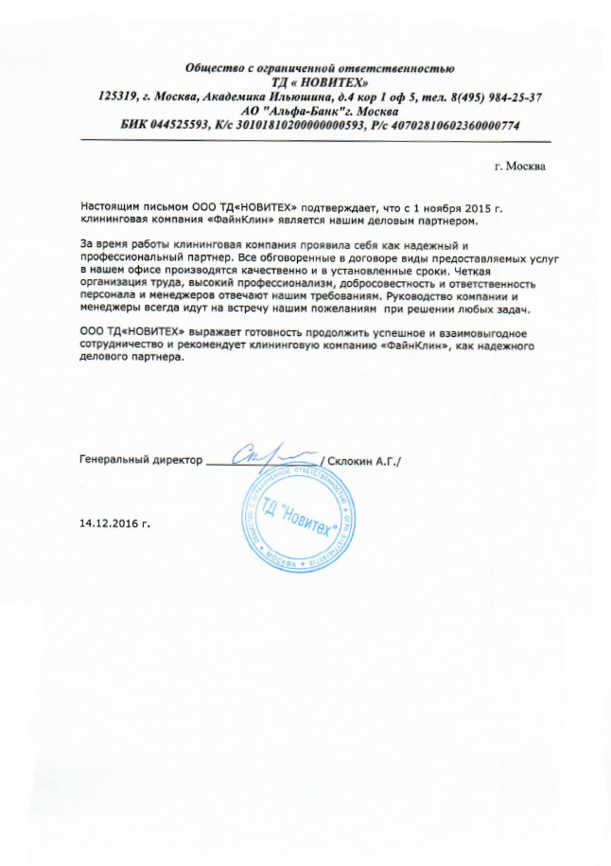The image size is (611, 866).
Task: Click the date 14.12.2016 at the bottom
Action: (115, 521)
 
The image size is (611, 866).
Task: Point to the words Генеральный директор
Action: (141, 460)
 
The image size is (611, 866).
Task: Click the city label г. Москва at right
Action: (520, 167)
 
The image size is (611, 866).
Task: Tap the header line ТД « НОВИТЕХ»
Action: (320, 82)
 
